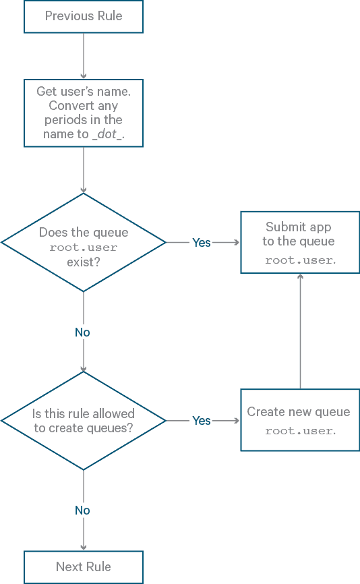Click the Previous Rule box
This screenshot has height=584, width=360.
pyautogui.click(x=84, y=16)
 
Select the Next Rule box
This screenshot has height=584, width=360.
pyautogui.click(x=84, y=567)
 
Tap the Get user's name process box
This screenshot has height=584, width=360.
pyautogui.click(x=84, y=113)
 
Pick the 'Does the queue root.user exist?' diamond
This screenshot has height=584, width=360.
pyautogui.click(x=84, y=243)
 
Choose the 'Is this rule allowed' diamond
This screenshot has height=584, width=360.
pyautogui.click(x=84, y=421)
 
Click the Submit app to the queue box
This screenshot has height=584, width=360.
pyautogui.click(x=300, y=243)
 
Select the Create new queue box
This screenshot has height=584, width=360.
pyautogui.click(x=300, y=420)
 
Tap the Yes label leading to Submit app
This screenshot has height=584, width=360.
pyautogui.click(x=202, y=243)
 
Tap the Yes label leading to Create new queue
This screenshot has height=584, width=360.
pyautogui.click(x=202, y=421)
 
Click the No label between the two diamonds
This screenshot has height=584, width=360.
pyautogui.click(x=82, y=332)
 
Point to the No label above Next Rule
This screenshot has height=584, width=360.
pyautogui.click(x=82, y=510)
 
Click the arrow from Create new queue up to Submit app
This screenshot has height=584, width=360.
pyautogui.click(x=300, y=330)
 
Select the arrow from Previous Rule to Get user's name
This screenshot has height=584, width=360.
pyautogui.click(x=84, y=55)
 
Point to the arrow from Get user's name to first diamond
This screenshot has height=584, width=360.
pyautogui.click(x=84, y=170)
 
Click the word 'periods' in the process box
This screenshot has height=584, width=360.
pyautogui.click(x=65, y=120)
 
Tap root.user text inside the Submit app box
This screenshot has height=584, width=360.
pyautogui.click(x=300, y=260)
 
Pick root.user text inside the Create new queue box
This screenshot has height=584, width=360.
pyautogui.click(x=300, y=430)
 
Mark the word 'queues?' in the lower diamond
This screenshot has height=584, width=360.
pyautogui.click(x=109, y=428)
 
